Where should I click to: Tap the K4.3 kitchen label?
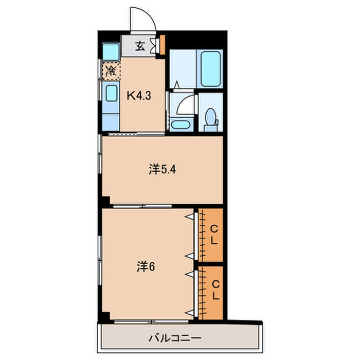click(139, 95)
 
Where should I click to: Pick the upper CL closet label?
click(214, 235)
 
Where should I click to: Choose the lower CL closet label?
click(215, 291)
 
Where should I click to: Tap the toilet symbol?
click(210, 117)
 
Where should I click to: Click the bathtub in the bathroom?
click(210, 68)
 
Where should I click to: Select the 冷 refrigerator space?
click(111, 70)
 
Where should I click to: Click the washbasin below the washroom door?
click(181, 124)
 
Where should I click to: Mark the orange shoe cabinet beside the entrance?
click(162, 45)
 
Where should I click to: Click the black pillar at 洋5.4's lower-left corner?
click(105, 201)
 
